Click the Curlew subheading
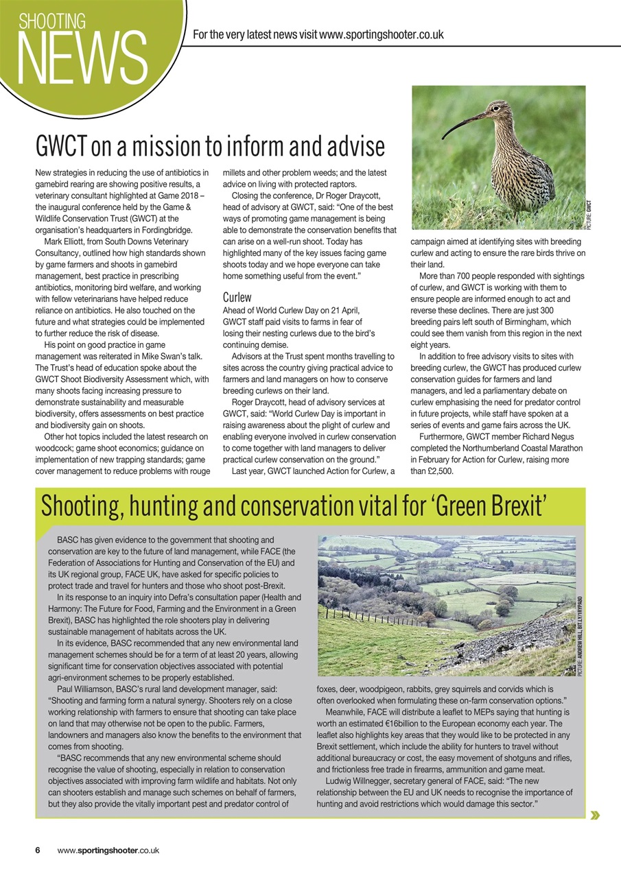click(x=237, y=298)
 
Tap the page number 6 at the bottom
click(x=38, y=850)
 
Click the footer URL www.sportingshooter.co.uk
click(x=108, y=850)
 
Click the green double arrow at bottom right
click(x=594, y=815)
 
